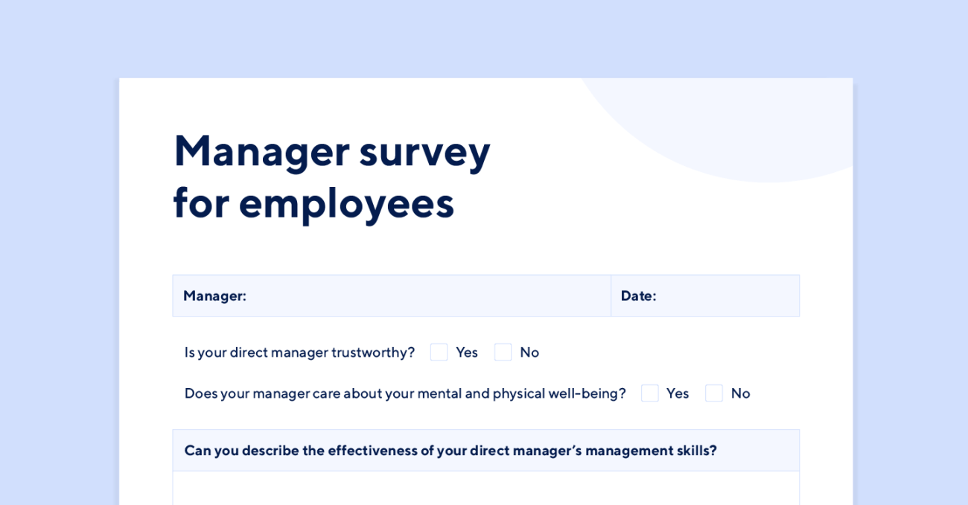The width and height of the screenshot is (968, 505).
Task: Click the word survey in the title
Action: click(x=424, y=156)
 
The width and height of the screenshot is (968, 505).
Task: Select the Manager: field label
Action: click(x=214, y=296)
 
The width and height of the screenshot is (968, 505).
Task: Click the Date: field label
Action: click(x=638, y=296)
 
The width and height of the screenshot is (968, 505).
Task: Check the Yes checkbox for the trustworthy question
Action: click(x=439, y=352)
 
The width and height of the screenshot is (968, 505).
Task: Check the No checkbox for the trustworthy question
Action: click(x=503, y=352)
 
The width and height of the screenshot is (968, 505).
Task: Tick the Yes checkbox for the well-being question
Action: click(x=650, y=393)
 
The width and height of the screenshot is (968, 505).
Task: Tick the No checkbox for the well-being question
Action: click(x=714, y=393)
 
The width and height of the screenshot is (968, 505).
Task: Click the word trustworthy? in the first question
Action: click(x=373, y=353)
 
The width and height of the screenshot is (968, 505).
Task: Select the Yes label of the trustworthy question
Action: click(x=467, y=352)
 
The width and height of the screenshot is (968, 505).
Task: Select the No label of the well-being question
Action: click(x=740, y=393)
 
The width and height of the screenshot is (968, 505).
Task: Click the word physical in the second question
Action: click(x=518, y=394)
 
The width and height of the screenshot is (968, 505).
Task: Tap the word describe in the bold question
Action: click(x=270, y=451)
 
